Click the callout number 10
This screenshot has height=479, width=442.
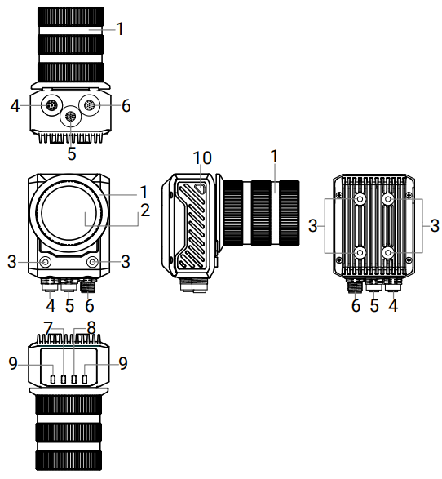point(202,158)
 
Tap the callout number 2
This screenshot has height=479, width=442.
point(145,211)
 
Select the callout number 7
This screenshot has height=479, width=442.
point(49,329)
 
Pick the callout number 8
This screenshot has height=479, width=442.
point(91,328)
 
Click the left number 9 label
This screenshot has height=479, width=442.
point(13,363)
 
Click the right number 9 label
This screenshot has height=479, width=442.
point(122,363)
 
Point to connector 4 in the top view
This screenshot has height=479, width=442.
point(52,106)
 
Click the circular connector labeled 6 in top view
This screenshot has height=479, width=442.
point(90,106)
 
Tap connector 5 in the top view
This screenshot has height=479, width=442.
point(70,117)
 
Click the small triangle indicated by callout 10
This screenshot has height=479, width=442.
point(201,188)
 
